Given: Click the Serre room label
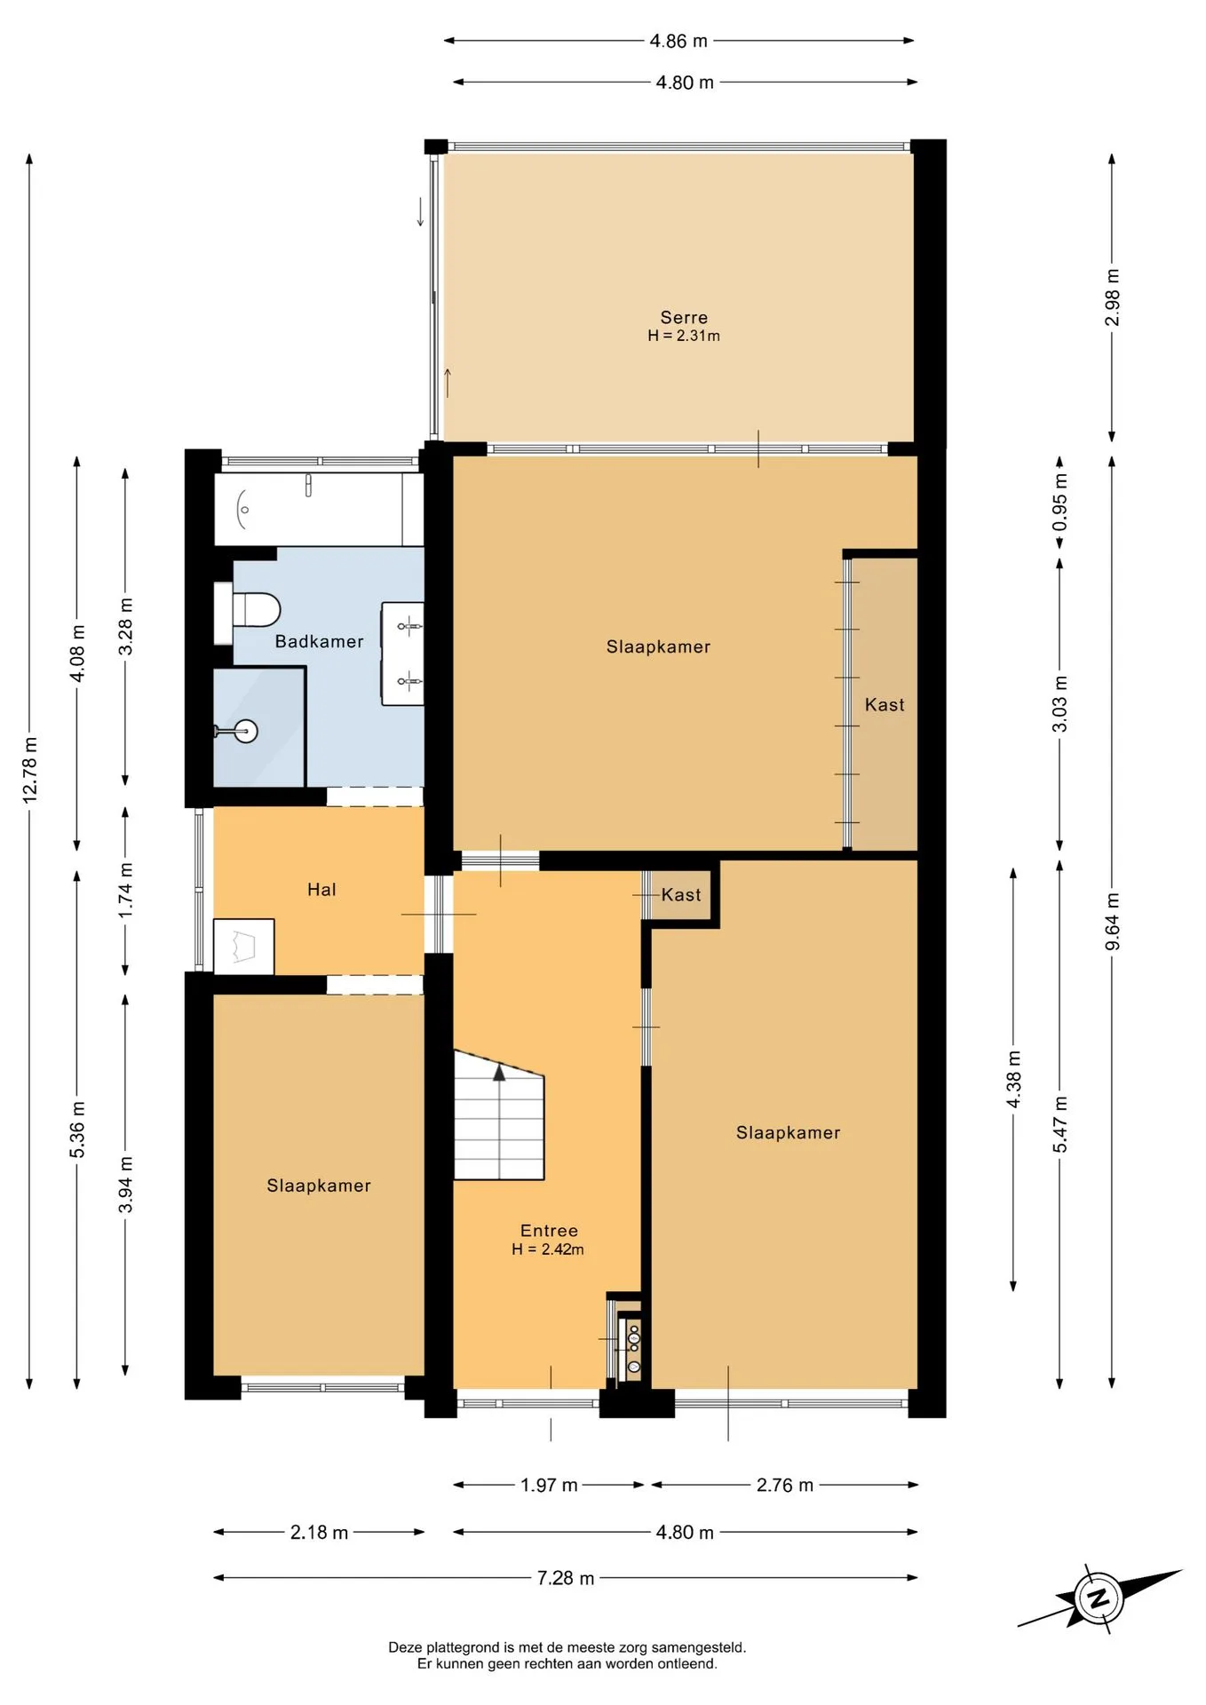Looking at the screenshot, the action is pos(684,317).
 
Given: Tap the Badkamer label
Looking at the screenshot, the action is pos(319,641).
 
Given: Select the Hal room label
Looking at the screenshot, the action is pos(321,889).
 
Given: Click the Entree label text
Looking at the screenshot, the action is pos(549,1230).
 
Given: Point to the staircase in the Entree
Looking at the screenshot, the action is pos(499,1115).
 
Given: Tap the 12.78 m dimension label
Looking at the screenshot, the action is pos(30,770).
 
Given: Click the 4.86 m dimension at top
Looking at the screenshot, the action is pos(678,41).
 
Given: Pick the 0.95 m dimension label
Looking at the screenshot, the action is pos(1059,502).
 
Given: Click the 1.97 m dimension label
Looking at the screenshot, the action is pos(549,1485).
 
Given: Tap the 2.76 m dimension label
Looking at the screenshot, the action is pos(785,1485).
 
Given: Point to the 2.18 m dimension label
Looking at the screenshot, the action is pos(319,1532).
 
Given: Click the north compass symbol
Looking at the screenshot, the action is pos(1099,1598).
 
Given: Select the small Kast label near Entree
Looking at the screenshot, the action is pos(681,894).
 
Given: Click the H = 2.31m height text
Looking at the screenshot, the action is pos(684,336).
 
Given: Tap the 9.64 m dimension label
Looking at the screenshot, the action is pos(1112,921).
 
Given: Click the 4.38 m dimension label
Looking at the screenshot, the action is pos(1013,1079).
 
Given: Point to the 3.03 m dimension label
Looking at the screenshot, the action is pos(1059,703).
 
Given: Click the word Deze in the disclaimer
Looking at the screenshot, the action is pos(405,1647).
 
